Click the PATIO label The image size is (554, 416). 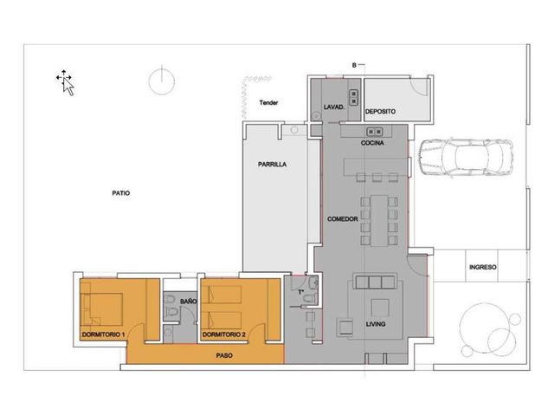coord(121,193)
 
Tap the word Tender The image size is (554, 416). coord(268,102)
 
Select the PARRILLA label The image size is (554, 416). coord(272,164)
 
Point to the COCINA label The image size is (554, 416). coord(372,143)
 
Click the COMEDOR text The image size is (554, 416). coord(343,219)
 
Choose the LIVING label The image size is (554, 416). coord(376,323)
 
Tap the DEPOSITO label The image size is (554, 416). coord(380,112)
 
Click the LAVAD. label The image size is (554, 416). coord(334,107)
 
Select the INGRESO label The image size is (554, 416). coord(483,267)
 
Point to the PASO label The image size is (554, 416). coord(224,355)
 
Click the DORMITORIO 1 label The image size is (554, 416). coord(104,335)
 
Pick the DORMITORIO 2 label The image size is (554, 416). coord(224,335)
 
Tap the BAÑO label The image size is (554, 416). coord(188,302)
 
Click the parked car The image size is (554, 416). coord(466,157)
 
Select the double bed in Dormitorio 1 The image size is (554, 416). coord(102,309)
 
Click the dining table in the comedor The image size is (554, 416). coord(379,220)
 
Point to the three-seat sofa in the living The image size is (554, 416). coord(375,281)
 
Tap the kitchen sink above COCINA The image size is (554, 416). coord(375,132)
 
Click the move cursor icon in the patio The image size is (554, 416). coord(65,82)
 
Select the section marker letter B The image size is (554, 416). coord(354,66)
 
